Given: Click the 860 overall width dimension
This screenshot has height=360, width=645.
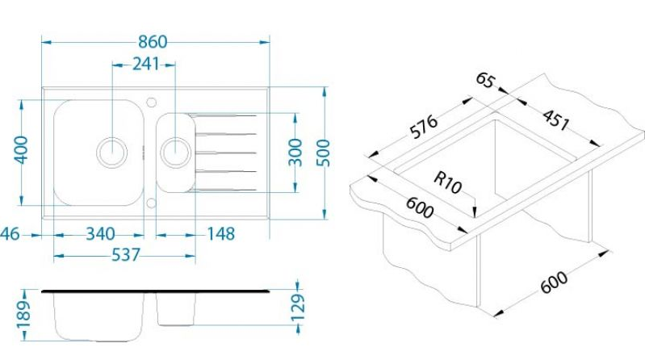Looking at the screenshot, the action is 153,41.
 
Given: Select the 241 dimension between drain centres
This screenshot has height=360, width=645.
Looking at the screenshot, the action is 145,64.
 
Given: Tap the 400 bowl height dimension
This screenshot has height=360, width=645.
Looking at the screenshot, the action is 21,150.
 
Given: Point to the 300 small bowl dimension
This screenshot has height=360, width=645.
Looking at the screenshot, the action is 295,153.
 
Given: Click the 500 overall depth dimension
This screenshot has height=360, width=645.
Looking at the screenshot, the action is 324,153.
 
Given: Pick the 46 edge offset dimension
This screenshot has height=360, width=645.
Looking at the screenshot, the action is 9,234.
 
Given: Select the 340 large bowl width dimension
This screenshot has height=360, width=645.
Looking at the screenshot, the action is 100,234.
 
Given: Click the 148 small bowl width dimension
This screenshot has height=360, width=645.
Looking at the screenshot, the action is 221,234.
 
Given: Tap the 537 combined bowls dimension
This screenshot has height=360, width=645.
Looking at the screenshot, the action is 126,255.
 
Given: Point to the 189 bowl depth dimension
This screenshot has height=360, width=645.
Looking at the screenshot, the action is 23,314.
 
